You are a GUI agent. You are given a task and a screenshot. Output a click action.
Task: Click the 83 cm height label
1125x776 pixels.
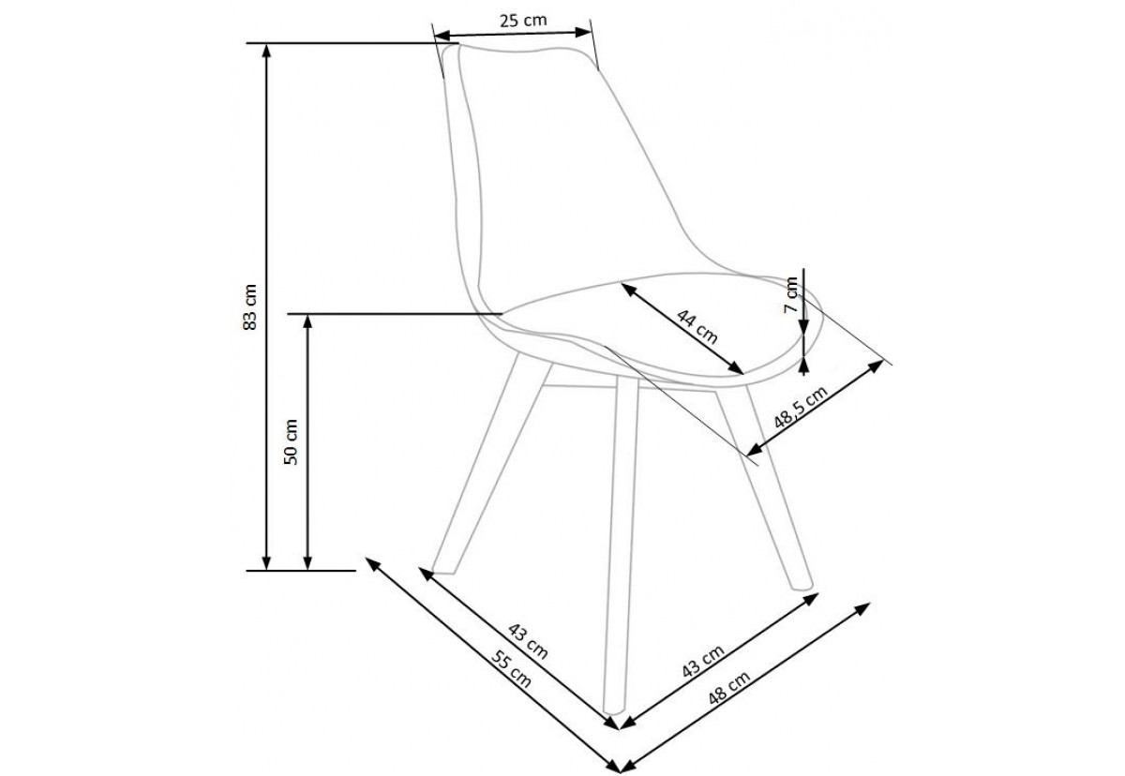point(249,306)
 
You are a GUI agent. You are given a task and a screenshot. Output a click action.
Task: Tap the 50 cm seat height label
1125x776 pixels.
point(291,442)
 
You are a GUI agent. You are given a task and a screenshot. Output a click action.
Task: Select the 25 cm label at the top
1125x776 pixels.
point(523,21)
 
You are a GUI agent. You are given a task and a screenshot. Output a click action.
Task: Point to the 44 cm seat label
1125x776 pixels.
point(697,327)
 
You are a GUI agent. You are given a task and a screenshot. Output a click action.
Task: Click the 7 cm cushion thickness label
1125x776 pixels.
point(791,294)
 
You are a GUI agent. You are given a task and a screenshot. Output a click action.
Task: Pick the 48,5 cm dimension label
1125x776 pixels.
point(801,408)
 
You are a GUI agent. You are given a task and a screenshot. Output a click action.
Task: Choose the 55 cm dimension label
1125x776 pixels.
point(511,669)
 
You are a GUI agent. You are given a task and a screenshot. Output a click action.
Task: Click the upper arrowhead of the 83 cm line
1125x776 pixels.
point(266,52)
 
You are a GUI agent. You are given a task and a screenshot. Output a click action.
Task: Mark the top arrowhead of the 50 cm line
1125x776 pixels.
point(307,322)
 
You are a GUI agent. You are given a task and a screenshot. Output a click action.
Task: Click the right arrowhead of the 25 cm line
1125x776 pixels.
point(583,32)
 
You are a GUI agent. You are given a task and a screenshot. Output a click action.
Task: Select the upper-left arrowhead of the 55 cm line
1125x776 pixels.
point(373,563)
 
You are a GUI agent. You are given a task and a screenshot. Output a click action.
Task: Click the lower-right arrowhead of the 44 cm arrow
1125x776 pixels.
point(736,368)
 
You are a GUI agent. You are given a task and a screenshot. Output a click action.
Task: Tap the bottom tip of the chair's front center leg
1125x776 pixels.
point(613,711)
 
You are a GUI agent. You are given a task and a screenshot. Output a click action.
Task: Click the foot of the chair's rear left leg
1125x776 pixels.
point(442,571)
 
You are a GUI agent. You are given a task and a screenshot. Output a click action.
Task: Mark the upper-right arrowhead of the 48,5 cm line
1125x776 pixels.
point(876,365)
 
